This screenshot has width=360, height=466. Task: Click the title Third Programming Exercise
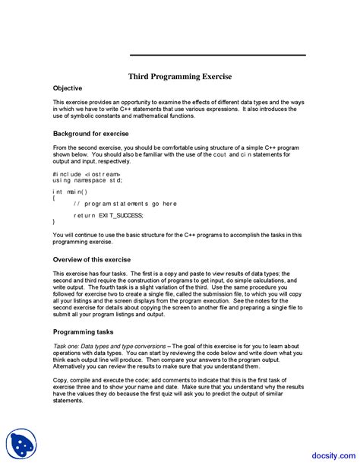pos(179,77)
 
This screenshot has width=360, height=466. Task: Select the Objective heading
pos(68,89)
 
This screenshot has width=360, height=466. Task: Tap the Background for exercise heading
pos(90,134)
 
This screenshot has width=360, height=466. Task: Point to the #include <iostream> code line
pos(85,174)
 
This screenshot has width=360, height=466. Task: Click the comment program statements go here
pos(125,204)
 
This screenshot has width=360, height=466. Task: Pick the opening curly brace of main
pos(55,198)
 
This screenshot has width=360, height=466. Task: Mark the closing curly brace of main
pos(55,222)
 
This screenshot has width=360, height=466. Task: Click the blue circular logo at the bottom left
pos(22,444)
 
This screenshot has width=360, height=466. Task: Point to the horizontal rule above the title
pos(217,55)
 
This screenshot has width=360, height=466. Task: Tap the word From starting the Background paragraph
pos(60,148)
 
